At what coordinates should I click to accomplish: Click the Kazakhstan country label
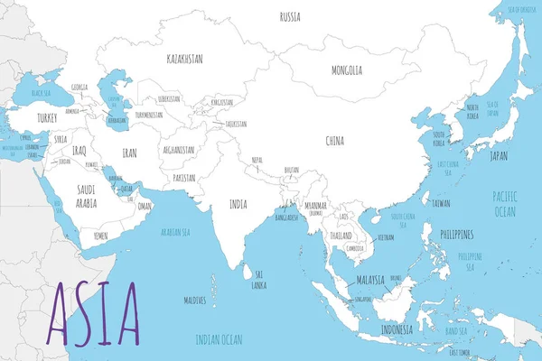click(184, 59)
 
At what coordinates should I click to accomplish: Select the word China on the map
click(334, 141)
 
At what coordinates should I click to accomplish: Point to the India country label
click(238, 204)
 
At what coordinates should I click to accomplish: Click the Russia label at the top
click(290, 16)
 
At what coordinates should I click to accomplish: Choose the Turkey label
click(47, 118)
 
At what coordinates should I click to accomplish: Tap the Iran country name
click(130, 154)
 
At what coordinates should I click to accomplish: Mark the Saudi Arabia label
click(87, 196)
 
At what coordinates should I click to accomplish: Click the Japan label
click(499, 155)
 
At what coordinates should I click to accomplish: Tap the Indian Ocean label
click(220, 339)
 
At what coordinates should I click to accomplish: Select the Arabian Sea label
click(176, 233)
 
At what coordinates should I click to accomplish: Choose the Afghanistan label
click(179, 150)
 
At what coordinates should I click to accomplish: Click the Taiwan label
click(441, 204)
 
